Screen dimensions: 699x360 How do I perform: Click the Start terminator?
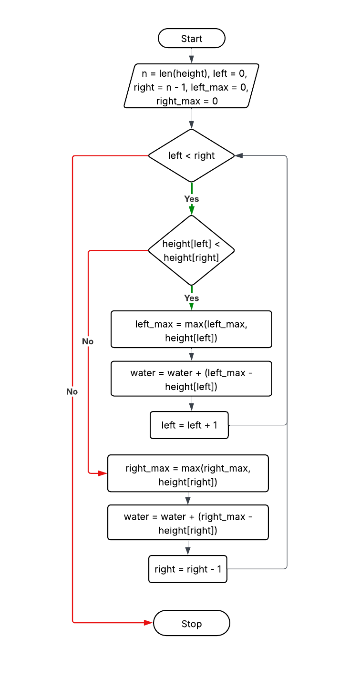click(191, 39)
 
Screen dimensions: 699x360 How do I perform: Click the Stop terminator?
click(191, 624)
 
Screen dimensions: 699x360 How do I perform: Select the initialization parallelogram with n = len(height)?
click(191, 86)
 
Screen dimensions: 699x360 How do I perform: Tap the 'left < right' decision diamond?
click(191, 155)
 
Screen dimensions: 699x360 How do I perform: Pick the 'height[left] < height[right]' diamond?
click(191, 250)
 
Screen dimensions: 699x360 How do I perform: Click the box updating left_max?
click(191, 329)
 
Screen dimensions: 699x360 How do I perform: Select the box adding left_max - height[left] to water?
click(191, 379)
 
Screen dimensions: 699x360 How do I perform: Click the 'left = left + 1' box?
click(189, 425)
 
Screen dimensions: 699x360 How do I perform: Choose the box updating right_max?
click(188, 473)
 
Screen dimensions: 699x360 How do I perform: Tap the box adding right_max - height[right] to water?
click(188, 523)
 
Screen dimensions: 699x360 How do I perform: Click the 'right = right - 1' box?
click(188, 569)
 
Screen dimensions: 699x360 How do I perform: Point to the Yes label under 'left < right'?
click(191, 199)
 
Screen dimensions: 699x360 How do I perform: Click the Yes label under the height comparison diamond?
click(191, 298)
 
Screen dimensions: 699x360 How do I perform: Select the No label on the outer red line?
click(72, 391)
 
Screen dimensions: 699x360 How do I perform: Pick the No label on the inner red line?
click(88, 341)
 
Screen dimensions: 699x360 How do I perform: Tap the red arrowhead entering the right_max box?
click(103, 473)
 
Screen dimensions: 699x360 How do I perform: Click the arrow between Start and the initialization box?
click(191, 56)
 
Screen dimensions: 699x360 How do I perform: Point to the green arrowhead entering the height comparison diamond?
click(191, 210)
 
